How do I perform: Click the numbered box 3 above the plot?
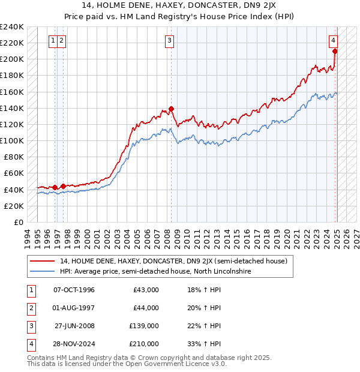coord(170,41)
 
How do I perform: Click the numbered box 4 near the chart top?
coord(333,41)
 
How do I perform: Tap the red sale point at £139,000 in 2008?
coord(171,109)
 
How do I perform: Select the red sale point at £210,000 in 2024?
coord(335,51)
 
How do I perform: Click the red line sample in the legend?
coord(42,262)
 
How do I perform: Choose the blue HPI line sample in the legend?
coord(42,271)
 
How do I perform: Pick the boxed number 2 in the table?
coord(29,308)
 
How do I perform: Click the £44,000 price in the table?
coord(146,308)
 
